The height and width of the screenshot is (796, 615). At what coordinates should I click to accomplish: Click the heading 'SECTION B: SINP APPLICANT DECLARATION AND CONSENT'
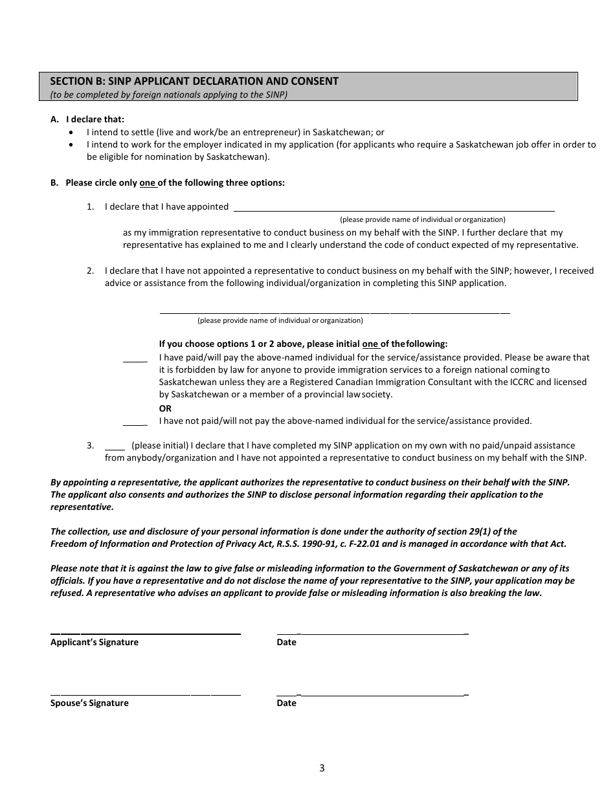tap(194, 82)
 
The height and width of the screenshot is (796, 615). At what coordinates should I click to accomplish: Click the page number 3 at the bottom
tap(322, 768)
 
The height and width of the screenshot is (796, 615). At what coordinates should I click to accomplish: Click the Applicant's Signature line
tap(146, 632)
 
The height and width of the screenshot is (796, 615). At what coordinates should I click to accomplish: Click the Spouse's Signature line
tap(146, 694)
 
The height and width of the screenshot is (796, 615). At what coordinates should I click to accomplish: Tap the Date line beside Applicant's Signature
tap(372, 632)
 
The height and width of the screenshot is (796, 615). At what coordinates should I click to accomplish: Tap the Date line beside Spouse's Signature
tap(372, 694)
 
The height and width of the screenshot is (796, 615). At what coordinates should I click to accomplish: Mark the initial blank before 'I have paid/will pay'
tap(135, 359)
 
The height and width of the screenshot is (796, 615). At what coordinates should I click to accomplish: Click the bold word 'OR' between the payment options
tap(166, 408)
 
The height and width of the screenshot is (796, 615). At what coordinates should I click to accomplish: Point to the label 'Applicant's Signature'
tap(95, 642)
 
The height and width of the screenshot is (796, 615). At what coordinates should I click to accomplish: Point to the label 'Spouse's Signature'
tap(89, 703)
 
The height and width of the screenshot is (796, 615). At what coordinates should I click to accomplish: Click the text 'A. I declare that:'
tap(87, 119)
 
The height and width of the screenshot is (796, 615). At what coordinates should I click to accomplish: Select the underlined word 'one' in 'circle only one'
tap(148, 182)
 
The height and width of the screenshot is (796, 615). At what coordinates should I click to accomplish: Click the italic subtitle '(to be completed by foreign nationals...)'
tap(169, 94)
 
